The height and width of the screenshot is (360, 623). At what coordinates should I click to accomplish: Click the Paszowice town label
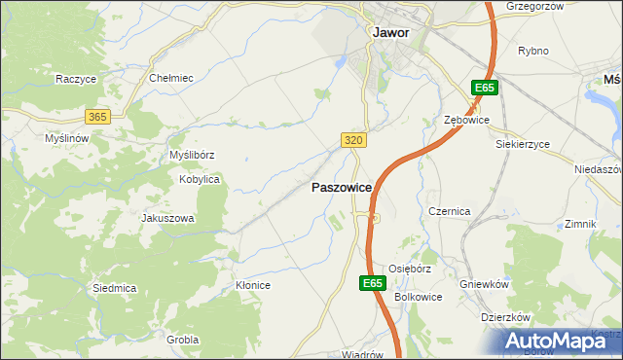(340, 187)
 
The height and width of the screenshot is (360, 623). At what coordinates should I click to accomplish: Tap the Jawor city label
(390, 31)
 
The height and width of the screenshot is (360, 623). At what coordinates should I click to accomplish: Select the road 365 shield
(96, 117)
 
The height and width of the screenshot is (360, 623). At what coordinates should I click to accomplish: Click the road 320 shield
(354, 141)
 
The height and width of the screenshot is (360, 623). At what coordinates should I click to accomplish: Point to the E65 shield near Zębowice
(486, 89)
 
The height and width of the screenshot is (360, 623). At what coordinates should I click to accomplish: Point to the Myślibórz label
(192, 155)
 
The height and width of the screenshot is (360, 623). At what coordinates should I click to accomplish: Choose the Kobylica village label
(200, 180)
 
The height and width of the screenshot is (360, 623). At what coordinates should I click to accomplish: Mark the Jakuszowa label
(168, 219)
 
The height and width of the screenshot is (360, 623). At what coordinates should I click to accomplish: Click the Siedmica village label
(114, 288)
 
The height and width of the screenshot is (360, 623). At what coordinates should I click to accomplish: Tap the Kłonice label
(252, 285)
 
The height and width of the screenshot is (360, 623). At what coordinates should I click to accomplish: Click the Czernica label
(450, 211)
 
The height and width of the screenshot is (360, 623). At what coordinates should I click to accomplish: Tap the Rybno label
(533, 51)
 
